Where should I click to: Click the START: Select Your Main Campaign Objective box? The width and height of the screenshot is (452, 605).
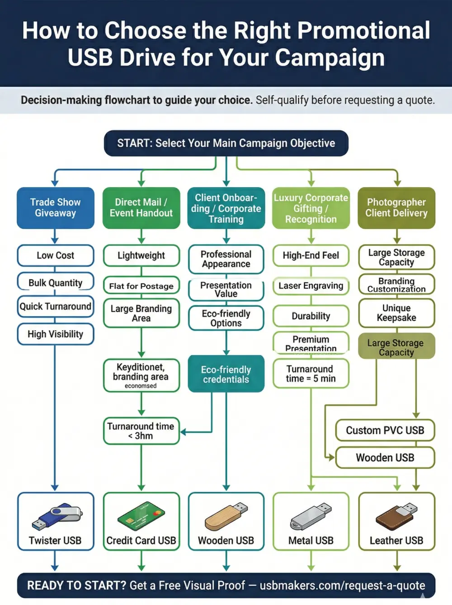226,143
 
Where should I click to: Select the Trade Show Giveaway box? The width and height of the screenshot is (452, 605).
55,208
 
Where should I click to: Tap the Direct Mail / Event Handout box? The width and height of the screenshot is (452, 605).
141,208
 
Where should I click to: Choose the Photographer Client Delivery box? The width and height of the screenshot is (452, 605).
396,208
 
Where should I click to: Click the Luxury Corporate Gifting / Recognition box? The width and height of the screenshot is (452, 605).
311,208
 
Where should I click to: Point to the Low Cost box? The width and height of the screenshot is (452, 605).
55,255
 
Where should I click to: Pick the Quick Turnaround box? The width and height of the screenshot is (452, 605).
55,307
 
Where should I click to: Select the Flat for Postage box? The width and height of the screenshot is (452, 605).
141,286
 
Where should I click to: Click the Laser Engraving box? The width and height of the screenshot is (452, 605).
311,286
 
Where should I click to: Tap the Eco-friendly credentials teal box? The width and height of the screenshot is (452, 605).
226,374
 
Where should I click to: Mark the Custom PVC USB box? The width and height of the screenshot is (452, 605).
385,430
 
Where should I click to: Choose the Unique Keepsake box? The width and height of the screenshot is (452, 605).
396,313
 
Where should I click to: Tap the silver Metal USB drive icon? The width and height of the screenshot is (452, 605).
311,517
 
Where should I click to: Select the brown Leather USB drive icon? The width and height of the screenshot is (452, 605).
396,517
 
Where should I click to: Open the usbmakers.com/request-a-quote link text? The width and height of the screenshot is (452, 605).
342,586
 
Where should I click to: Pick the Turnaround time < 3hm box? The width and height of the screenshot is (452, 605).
141,431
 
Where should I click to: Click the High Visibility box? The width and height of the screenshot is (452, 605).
55,334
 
